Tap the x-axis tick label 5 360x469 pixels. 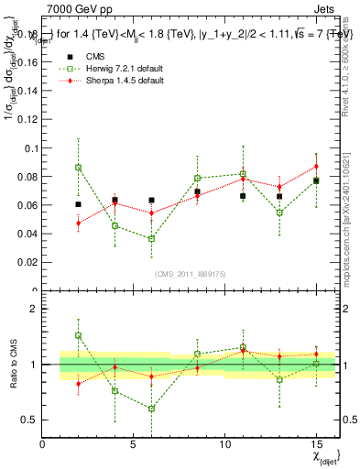134,445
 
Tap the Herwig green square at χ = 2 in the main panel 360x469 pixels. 79,168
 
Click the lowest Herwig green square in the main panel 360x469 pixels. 152,238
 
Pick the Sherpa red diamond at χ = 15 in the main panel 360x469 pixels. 316,167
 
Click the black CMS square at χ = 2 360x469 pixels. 79,204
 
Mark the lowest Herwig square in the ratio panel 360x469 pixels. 152,409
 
